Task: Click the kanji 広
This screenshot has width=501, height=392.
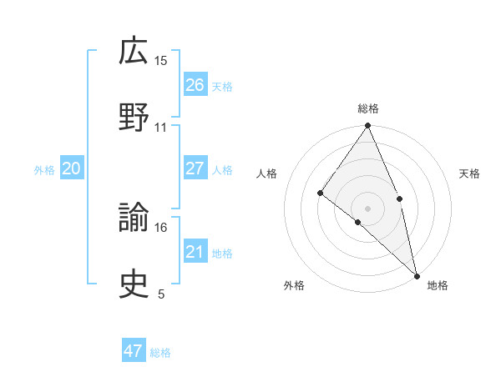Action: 134,52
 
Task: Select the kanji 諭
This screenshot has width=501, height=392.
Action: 134,219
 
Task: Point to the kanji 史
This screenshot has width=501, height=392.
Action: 134,285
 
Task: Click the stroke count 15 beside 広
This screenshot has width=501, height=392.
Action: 161,61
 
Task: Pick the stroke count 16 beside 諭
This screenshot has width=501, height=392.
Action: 161,227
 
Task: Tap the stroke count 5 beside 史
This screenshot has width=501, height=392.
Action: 161,294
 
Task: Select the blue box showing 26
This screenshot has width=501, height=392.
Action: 195,85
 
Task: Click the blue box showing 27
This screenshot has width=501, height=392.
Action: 195,168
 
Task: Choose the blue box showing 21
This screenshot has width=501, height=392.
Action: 195,252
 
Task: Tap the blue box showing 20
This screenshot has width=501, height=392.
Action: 71,168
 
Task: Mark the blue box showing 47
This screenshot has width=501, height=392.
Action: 133,351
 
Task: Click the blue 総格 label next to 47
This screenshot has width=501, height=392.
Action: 160,353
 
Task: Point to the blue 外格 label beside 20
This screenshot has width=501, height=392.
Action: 44,170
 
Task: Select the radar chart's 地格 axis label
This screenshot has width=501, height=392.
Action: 438,285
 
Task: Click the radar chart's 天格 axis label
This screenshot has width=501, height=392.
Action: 469,173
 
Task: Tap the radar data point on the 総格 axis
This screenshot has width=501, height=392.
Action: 368,126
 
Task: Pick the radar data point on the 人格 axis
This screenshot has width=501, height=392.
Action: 320,193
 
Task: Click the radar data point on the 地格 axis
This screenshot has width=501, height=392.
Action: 417,274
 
